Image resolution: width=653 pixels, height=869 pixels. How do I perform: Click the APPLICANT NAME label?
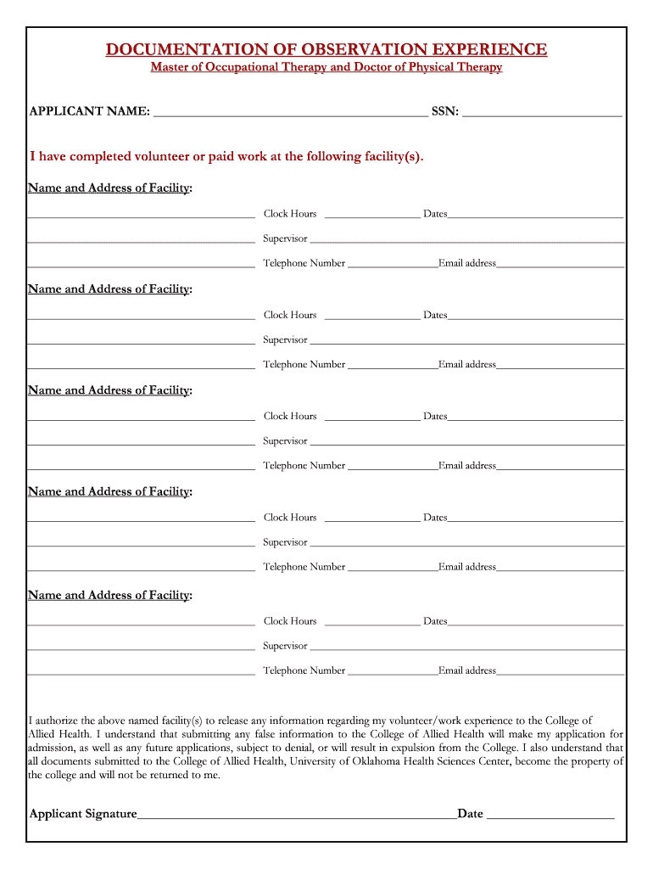(90, 111)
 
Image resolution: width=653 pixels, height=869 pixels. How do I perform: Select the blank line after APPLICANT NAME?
(290, 113)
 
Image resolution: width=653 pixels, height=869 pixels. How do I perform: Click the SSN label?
(445, 111)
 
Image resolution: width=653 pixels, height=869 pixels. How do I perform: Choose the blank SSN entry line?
(542, 113)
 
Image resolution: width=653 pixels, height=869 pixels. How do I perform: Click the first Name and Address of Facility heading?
(109, 188)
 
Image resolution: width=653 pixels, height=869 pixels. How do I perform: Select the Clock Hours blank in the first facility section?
(371, 216)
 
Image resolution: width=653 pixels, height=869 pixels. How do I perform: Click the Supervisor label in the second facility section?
(285, 339)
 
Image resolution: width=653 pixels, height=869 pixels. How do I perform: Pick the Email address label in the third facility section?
(467, 465)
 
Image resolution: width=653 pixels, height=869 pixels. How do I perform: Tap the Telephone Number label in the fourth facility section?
(304, 566)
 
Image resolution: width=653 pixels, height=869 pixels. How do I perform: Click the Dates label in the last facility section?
(435, 620)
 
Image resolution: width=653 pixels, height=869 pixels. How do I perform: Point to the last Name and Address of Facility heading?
(109, 595)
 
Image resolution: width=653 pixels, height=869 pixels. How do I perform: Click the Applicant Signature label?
(83, 814)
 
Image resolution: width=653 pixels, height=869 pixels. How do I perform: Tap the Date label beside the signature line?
(470, 814)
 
